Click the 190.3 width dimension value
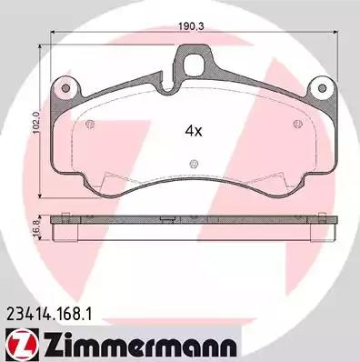click(x=191, y=26)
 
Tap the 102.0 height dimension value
click(x=36, y=122)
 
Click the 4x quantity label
click(x=194, y=131)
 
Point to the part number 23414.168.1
click(x=48, y=314)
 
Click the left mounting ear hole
click(x=65, y=88)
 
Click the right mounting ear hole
click(x=323, y=88)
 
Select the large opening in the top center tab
click(x=195, y=63)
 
